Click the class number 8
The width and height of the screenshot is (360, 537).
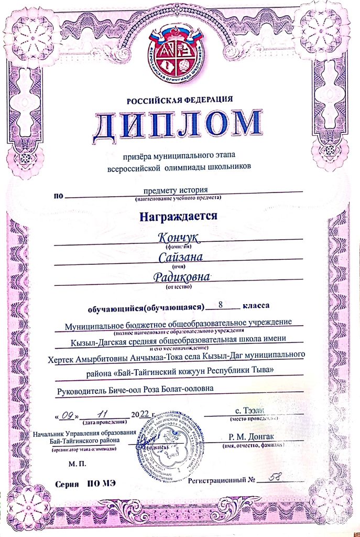pos(223,305)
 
